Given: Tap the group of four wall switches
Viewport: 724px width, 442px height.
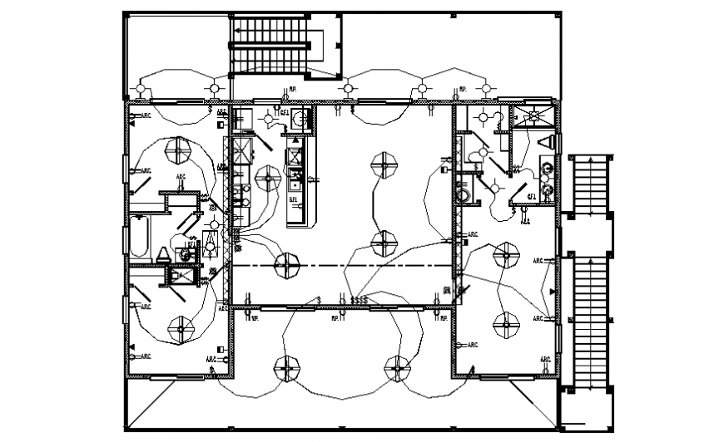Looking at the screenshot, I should (360, 299).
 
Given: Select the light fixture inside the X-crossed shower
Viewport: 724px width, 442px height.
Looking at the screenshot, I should (533, 116).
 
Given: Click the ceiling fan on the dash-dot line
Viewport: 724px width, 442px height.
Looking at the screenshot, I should (286, 265).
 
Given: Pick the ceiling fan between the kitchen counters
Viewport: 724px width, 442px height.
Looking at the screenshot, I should (268, 176).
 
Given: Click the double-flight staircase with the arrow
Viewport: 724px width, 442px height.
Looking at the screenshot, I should (275, 43).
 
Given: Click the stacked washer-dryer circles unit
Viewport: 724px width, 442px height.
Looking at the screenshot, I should (546, 181).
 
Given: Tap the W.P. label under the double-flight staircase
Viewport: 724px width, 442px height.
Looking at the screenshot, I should (293, 90).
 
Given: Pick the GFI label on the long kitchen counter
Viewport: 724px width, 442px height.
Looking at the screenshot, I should (293, 199).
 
